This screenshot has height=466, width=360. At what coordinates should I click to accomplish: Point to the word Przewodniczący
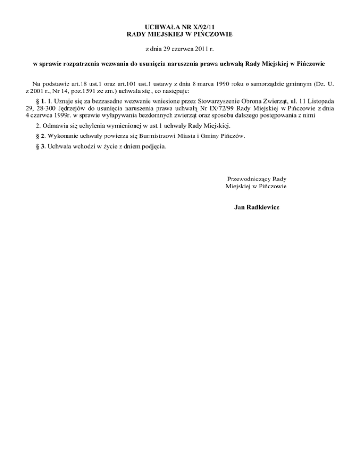tap(248, 179)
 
